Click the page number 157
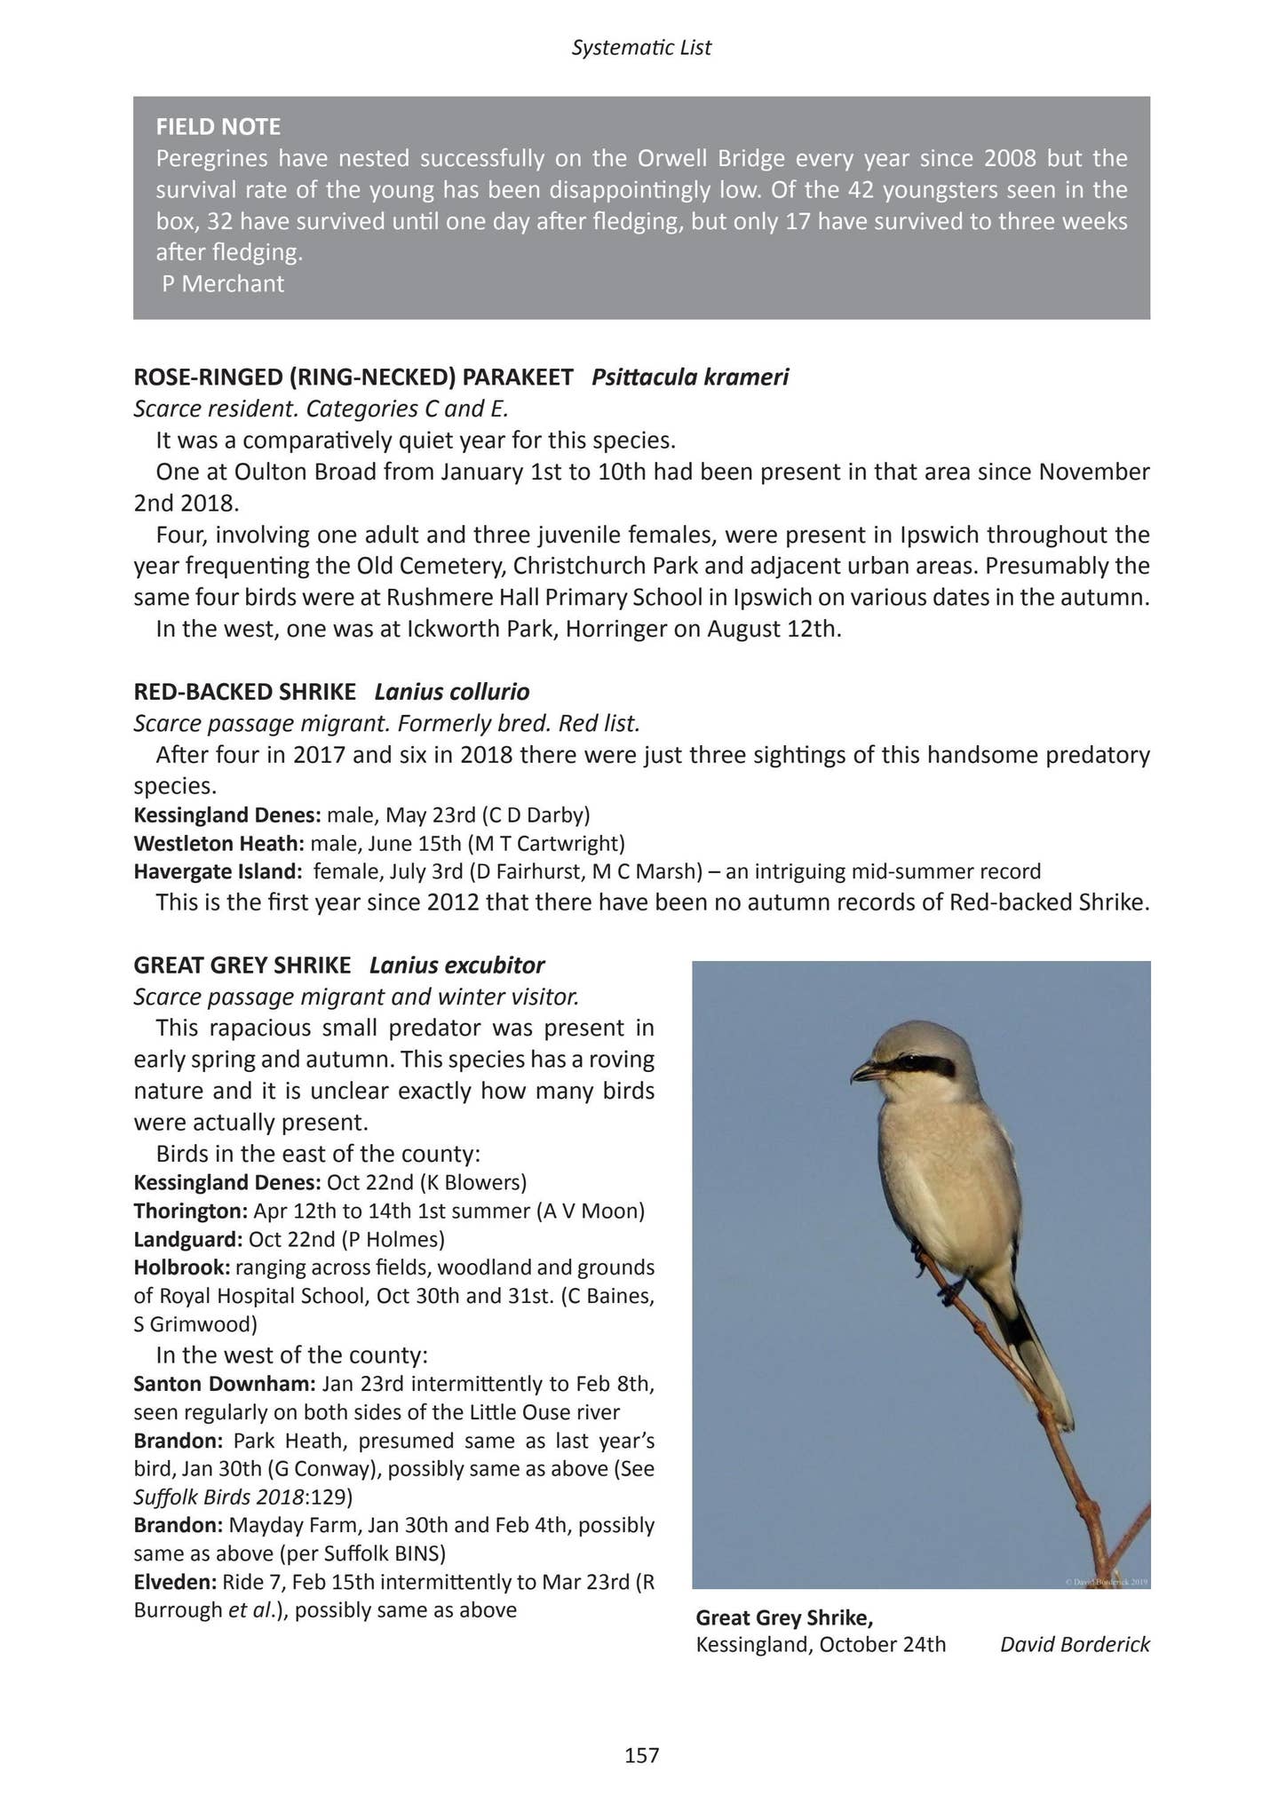[641, 1755]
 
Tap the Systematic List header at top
[641, 48]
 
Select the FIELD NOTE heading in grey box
[218, 126]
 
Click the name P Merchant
[223, 284]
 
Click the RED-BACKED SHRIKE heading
[244, 691]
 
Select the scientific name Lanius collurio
[451, 691]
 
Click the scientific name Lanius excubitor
[456, 965]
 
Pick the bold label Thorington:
[190, 1211]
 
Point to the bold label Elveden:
[175, 1581]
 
